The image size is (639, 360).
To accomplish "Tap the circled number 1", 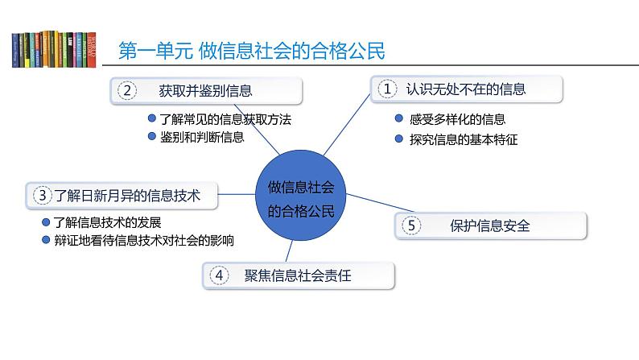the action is [388, 90].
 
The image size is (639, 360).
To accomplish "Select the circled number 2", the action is [127, 90].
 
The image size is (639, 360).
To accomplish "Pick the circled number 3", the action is [42, 194].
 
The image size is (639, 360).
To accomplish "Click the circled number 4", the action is [218, 275].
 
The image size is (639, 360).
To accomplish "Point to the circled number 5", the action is [410, 226].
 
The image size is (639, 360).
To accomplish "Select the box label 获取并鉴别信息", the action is [212, 90].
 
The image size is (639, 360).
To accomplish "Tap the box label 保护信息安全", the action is [489, 226].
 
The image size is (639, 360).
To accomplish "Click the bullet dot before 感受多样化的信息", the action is [399, 119].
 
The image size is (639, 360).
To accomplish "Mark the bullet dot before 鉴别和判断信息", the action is [151, 136].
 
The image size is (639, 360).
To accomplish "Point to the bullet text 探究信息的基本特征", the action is [463, 139].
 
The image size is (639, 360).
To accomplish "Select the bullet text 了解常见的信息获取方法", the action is [225, 119].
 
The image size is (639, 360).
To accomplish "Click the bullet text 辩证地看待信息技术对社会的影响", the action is [143, 240].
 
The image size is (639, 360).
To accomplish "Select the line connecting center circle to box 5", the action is [368, 212].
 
